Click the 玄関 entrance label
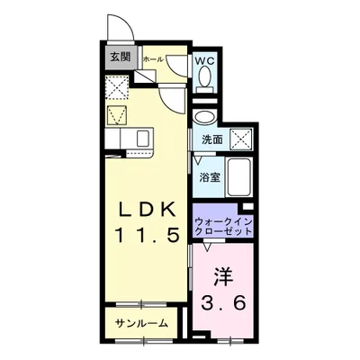pos(119,58)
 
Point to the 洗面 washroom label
pos(211,140)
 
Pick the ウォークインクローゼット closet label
pos(220,223)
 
